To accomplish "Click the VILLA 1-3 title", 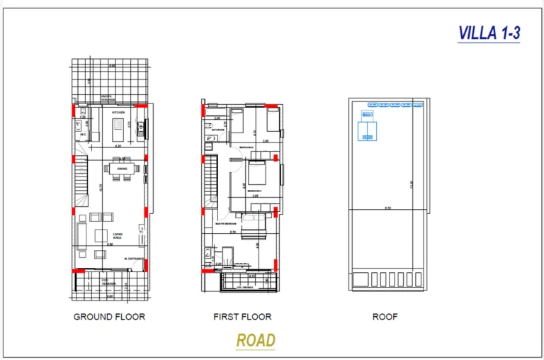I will pyautogui.click(x=489, y=33).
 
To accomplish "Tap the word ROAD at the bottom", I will pyautogui.click(x=256, y=340).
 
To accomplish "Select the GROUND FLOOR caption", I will pyautogui.click(x=109, y=317).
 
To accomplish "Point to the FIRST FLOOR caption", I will pyautogui.click(x=242, y=317).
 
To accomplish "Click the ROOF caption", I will pyautogui.click(x=385, y=317).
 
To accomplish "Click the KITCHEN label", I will pyautogui.click(x=118, y=113).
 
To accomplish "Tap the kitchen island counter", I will pyautogui.click(x=118, y=130).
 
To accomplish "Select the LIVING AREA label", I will pyautogui.click(x=118, y=235).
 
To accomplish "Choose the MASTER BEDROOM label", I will pyautogui.click(x=225, y=223).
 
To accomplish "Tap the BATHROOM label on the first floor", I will pyautogui.click(x=217, y=130).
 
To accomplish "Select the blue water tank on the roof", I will pyautogui.click(x=368, y=129).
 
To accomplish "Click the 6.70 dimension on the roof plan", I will pyautogui.click(x=387, y=208).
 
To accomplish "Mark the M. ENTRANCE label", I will pyautogui.click(x=134, y=258).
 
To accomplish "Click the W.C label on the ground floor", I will pyautogui.click(x=84, y=133).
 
